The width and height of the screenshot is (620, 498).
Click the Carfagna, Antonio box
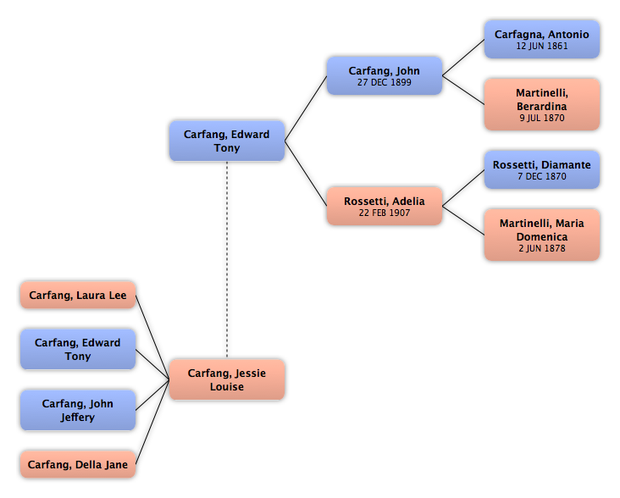pyautogui.click(x=542, y=40)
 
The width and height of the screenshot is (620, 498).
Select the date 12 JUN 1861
pyautogui.click(x=542, y=47)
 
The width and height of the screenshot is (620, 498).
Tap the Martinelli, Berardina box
pyautogui.click(x=542, y=104)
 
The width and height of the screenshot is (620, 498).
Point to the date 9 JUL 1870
pyautogui.click(x=542, y=118)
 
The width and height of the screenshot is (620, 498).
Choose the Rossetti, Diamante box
pyautogui.click(x=542, y=169)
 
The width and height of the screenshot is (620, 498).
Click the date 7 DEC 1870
pyautogui.click(x=542, y=177)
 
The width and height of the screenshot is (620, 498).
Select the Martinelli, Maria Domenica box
pyautogui.click(x=542, y=235)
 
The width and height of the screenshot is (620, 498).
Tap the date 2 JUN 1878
pyautogui.click(x=542, y=248)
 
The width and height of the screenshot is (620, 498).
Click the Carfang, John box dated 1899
pyautogui.click(x=385, y=75)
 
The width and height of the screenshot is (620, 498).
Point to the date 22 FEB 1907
pyautogui.click(x=385, y=213)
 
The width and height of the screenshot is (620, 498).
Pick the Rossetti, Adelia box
pyautogui.click(x=385, y=206)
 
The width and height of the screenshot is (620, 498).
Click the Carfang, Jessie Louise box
pyautogui.click(x=227, y=379)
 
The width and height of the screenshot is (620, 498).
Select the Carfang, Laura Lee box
pyautogui.click(x=78, y=295)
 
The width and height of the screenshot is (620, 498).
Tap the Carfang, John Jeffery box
pyautogui.click(x=78, y=410)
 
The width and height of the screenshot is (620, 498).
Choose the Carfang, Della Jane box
pyautogui.click(x=78, y=464)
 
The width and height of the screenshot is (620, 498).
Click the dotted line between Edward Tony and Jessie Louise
pyautogui.click(x=227, y=259)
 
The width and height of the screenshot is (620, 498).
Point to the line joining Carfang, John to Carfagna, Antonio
pyautogui.click(x=463, y=58)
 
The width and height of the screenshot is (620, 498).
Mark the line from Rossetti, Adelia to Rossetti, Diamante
pyautogui.click(x=463, y=188)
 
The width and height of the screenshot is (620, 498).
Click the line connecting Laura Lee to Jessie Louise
pyautogui.click(x=152, y=337)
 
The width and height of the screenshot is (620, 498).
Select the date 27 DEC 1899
pyautogui.click(x=385, y=82)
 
